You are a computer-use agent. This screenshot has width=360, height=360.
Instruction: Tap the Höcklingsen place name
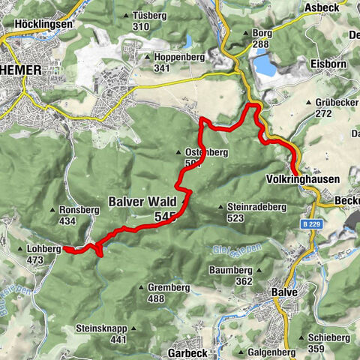point(43,24)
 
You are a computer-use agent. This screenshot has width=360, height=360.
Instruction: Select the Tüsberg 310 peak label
point(140,21)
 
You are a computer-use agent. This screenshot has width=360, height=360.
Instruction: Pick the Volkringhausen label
point(302,180)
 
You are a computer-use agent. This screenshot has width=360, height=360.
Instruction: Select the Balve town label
point(284,292)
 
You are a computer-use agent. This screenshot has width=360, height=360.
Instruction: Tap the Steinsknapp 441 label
point(101,334)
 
